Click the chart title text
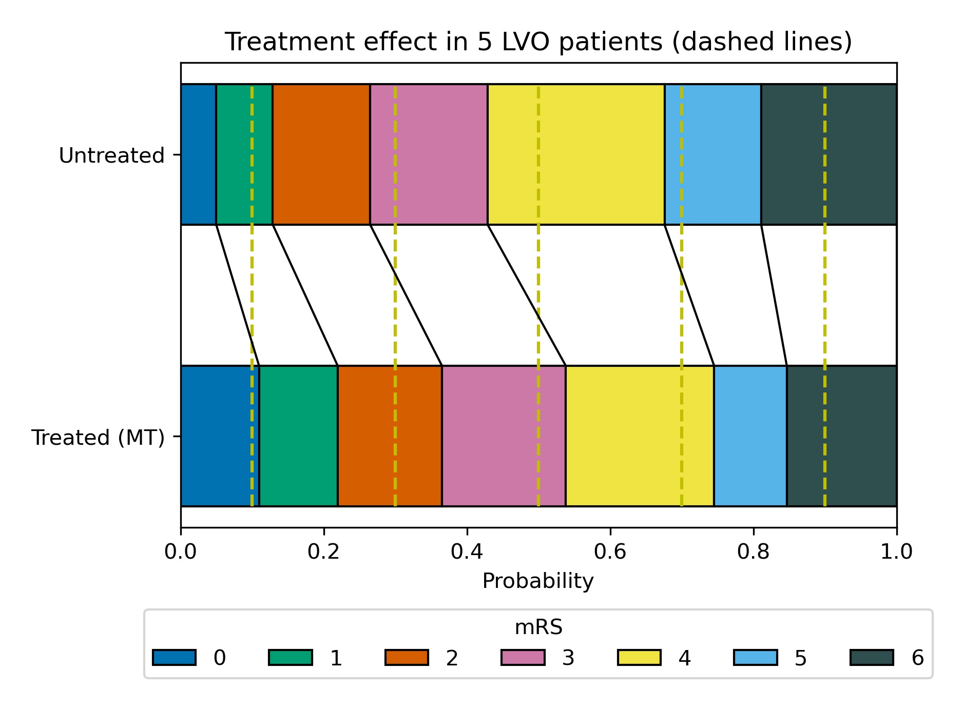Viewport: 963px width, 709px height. [x=538, y=42]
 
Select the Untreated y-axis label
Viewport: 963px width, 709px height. [x=111, y=155]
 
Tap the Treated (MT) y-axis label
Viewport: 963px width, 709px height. [x=98, y=438]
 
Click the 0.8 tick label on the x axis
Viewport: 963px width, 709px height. [x=753, y=552]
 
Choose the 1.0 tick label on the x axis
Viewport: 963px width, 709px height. [x=896, y=552]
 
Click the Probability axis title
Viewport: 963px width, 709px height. [x=538, y=581]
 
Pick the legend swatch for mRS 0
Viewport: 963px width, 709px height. [x=174, y=657]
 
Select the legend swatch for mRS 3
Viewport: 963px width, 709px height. [x=523, y=657]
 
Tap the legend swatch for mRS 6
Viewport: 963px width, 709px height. [x=872, y=657]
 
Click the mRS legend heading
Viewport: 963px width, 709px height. [x=538, y=627]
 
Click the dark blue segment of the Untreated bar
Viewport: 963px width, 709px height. [x=198, y=154]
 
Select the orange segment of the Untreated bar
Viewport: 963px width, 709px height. [x=321, y=154]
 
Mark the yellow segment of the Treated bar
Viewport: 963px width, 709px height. [x=639, y=436]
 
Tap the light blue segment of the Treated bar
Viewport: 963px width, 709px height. [x=750, y=436]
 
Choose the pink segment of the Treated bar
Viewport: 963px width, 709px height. [x=504, y=436]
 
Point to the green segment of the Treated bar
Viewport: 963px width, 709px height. [x=298, y=436]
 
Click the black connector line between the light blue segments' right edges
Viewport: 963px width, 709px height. [x=774, y=295]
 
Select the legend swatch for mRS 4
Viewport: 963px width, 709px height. [x=639, y=657]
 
